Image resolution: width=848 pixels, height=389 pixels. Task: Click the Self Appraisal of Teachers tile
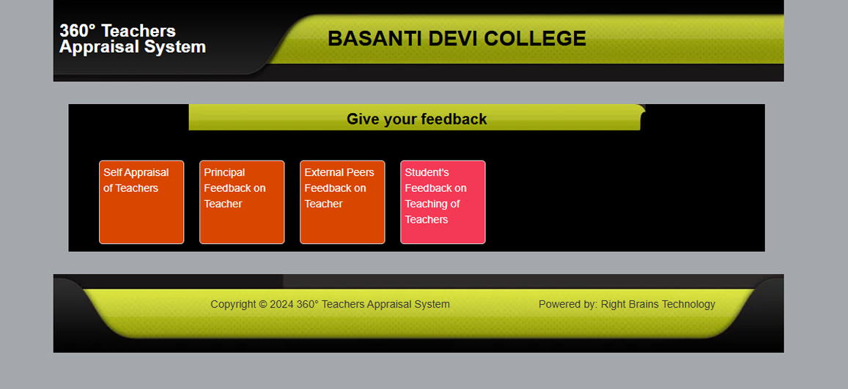[x=141, y=202]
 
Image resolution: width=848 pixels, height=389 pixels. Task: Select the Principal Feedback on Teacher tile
[x=242, y=202]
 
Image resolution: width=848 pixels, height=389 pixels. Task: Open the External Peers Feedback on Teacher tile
[x=342, y=202]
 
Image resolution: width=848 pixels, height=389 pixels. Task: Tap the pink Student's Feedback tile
[x=443, y=202]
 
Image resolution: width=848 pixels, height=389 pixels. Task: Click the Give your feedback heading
[x=417, y=119]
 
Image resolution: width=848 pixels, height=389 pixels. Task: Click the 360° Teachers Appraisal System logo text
[x=133, y=38]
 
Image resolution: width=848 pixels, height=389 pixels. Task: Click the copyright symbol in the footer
[x=263, y=305]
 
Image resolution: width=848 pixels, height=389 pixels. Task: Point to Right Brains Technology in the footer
[x=658, y=304]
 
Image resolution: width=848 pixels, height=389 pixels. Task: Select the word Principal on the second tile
[x=224, y=173]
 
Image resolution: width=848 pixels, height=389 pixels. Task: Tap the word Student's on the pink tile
[x=427, y=172]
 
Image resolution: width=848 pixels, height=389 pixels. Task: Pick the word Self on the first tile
[x=112, y=172]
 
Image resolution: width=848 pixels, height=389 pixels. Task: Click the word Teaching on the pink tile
[x=426, y=204]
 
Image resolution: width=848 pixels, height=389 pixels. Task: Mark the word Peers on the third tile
[x=360, y=172]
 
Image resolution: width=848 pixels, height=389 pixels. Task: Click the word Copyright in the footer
[x=233, y=305]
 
